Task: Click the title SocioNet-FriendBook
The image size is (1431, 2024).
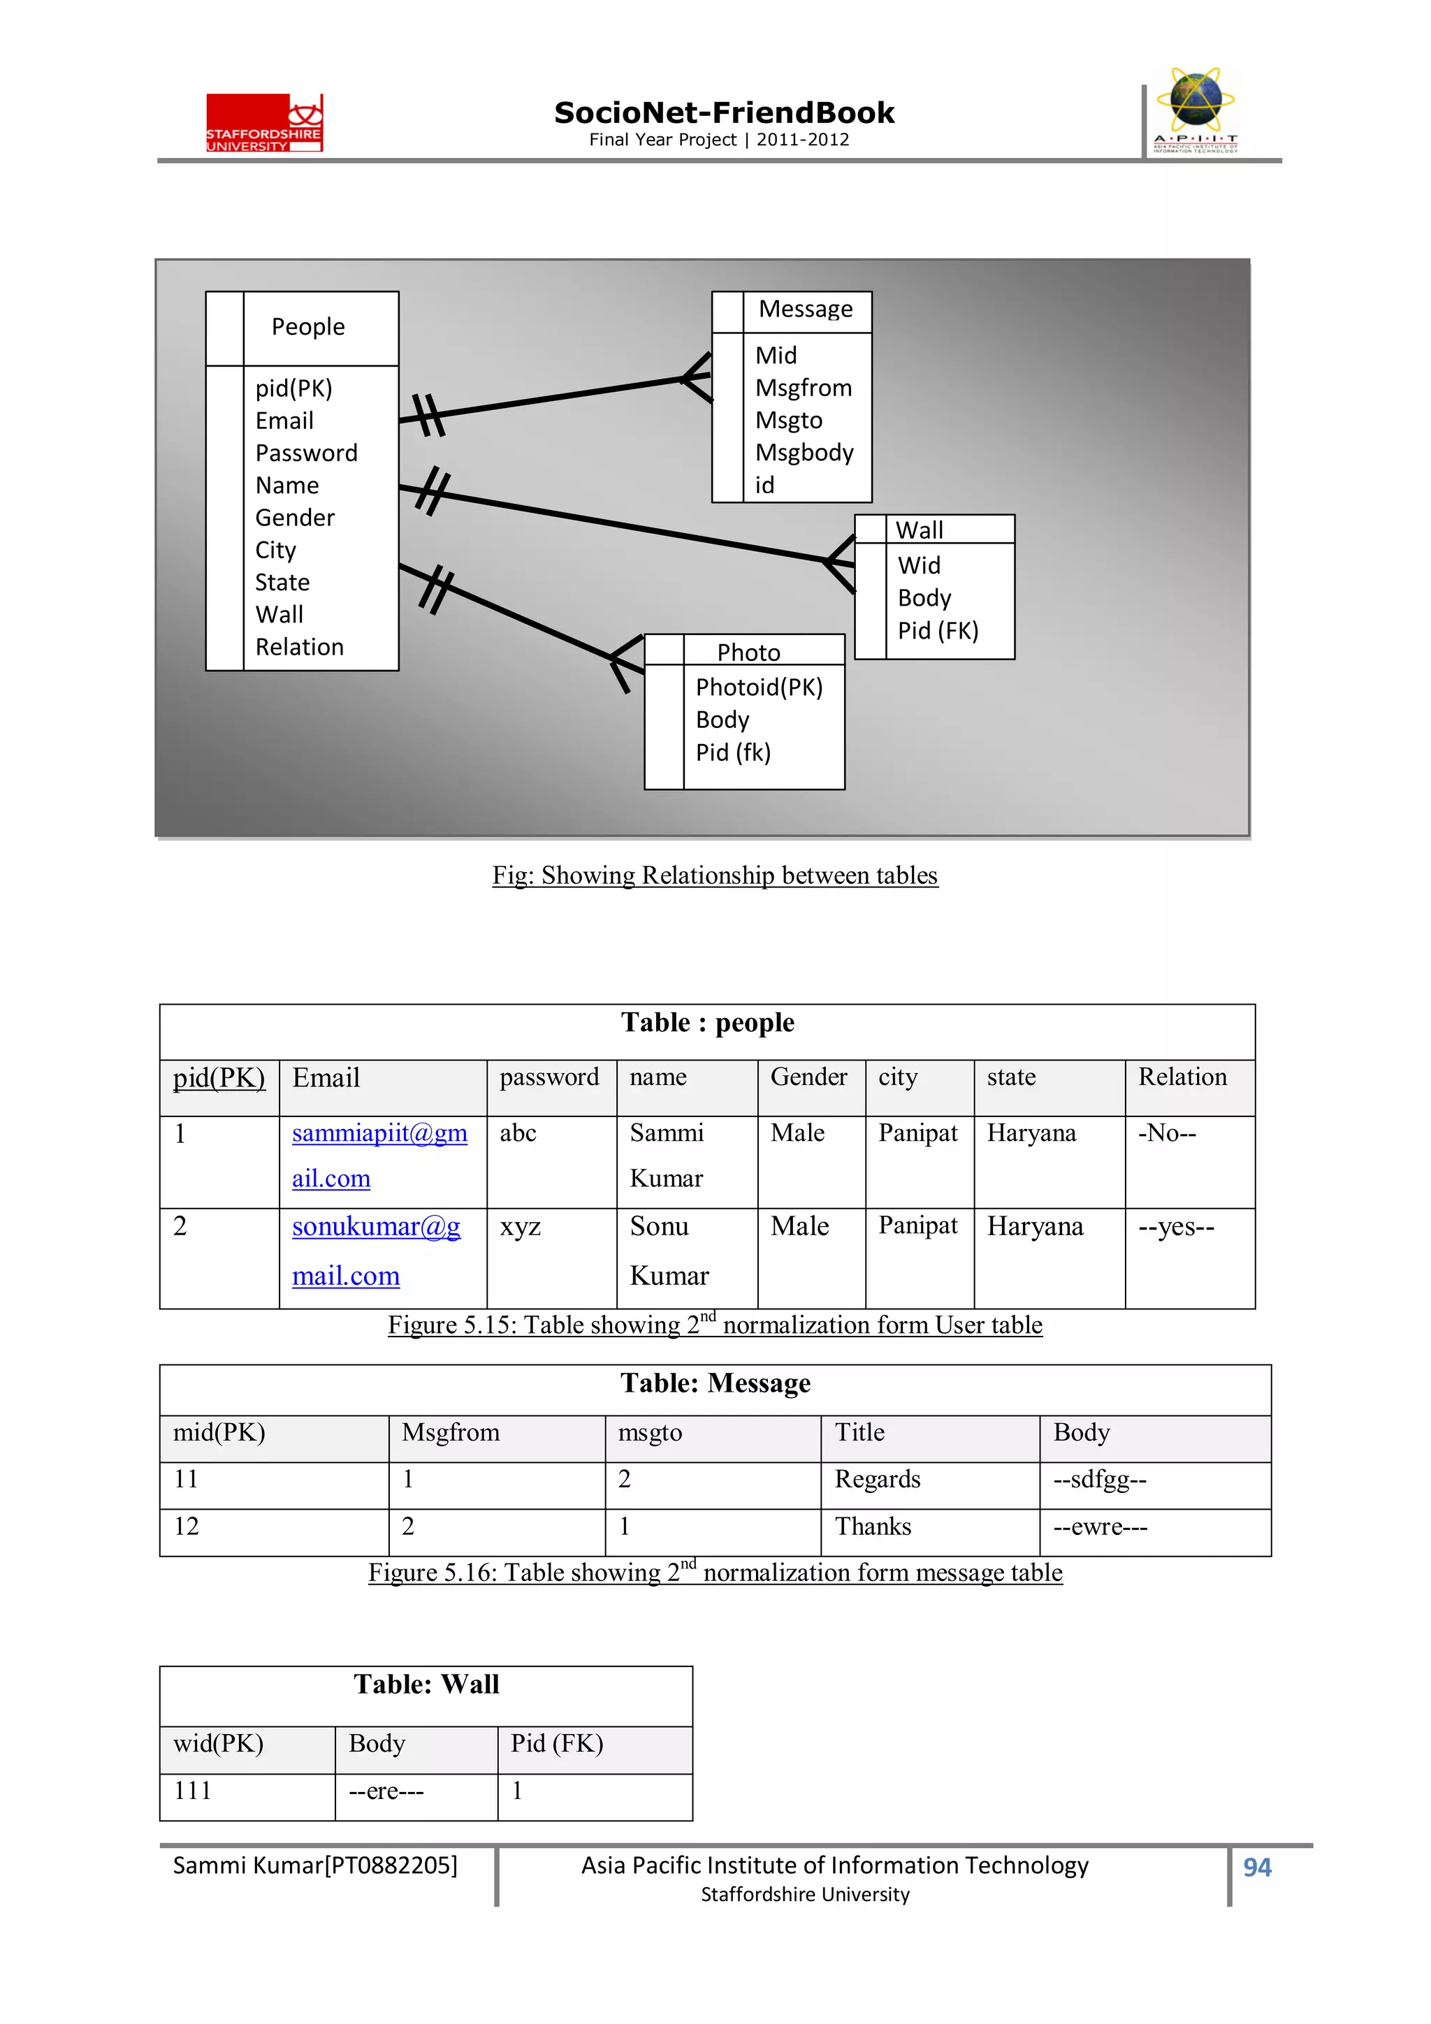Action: (x=724, y=113)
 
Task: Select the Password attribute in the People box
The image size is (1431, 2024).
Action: (x=306, y=453)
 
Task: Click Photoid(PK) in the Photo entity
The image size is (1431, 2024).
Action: (x=758, y=687)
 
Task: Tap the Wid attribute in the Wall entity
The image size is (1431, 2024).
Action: (x=919, y=565)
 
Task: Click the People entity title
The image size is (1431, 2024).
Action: (x=307, y=327)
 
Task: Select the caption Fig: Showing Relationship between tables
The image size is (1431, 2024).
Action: (x=714, y=875)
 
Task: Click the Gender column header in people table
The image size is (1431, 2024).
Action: (x=808, y=1077)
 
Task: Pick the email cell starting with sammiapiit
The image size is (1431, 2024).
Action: (x=379, y=1155)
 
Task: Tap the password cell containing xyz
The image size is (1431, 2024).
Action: (x=520, y=1227)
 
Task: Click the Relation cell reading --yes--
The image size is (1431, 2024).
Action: (x=1176, y=1227)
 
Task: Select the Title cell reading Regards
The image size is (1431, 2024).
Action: (x=878, y=1479)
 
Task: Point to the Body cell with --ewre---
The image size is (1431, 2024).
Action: (x=1100, y=1527)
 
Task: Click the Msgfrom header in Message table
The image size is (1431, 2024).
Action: (x=451, y=1432)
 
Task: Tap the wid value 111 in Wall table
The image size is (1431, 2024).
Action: (x=192, y=1791)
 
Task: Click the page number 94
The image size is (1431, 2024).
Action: (x=1256, y=1867)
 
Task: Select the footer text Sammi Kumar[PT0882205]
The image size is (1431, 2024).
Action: (x=314, y=1865)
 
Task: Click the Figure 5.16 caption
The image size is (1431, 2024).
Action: (x=714, y=1573)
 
